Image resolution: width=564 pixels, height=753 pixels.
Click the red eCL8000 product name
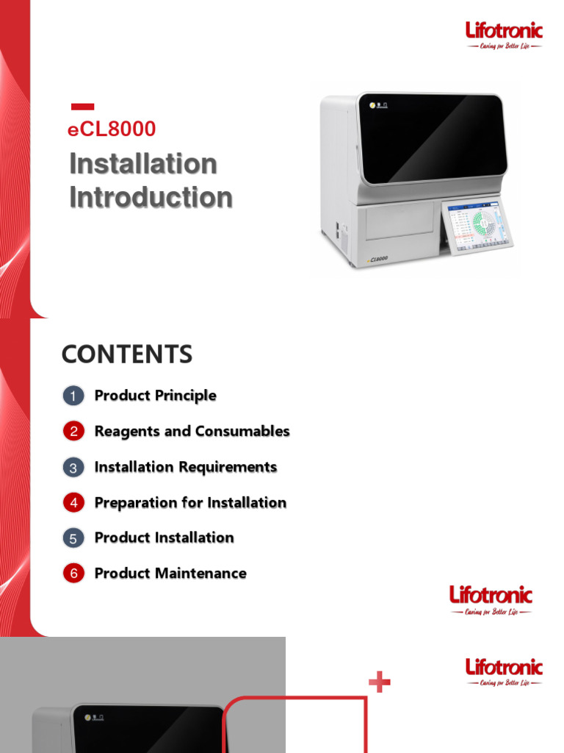pos(112,129)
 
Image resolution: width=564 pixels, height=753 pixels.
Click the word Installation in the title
pos(143,163)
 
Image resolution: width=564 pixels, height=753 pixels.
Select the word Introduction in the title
pos(151,197)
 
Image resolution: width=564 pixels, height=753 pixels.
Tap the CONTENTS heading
pos(127,354)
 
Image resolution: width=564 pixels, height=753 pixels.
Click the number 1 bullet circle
pos(73,396)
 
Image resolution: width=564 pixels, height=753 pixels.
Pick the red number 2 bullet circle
pos(73,432)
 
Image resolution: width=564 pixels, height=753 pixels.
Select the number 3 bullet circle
pos(73,468)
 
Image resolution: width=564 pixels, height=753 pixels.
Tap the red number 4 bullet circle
pos(73,503)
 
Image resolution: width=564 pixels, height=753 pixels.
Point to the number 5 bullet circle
pos(73,538)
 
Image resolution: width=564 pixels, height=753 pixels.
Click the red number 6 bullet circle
pos(73,574)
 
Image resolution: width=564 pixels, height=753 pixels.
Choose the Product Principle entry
pos(156,396)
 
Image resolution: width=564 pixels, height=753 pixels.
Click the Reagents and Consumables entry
pos(192,431)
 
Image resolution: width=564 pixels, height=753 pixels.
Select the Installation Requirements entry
pos(186,467)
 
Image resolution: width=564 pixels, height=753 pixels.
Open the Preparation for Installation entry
pos(191,502)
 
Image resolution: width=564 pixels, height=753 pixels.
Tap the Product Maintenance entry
pos(170,573)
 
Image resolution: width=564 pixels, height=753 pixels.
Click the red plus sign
pos(379,683)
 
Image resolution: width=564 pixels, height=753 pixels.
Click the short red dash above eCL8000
pos(82,107)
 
